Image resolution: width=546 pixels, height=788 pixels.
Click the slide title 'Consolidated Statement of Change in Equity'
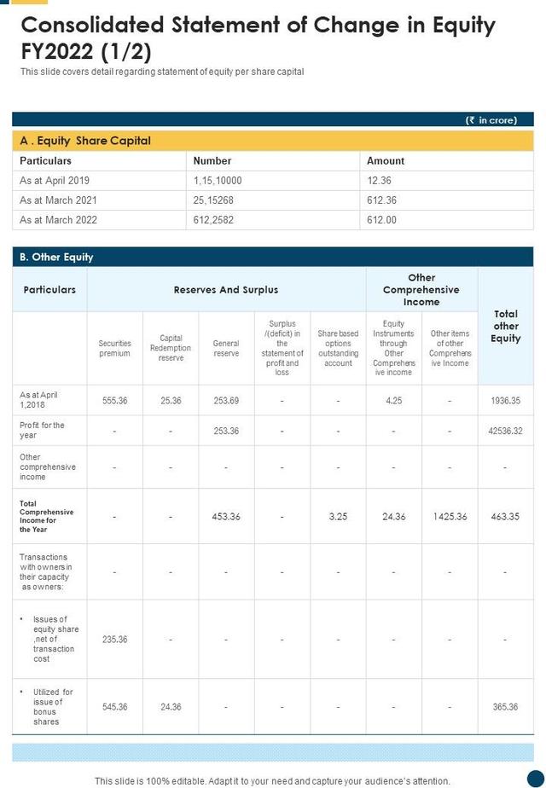coord(258,25)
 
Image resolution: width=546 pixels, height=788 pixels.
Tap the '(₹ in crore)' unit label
coord(491,120)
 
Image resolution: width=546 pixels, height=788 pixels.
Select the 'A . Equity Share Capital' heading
coord(85,141)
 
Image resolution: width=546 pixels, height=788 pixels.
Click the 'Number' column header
coord(212,160)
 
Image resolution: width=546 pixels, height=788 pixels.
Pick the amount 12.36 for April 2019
coord(379,181)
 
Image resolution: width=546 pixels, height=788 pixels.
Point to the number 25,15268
coord(213,200)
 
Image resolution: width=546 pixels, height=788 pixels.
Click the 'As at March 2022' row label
coord(58,220)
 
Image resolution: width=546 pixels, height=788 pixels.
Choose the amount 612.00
coord(381,220)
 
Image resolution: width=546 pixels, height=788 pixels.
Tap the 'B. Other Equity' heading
coord(56,257)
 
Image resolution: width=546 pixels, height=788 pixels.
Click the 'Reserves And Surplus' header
coord(226,290)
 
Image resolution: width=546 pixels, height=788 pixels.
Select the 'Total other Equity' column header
coord(505,327)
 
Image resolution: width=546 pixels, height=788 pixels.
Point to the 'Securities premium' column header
coord(114,348)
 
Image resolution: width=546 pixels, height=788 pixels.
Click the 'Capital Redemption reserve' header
coord(171,348)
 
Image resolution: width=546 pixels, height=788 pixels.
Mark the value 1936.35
coord(505,400)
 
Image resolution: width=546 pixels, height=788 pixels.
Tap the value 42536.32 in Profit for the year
coord(505,431)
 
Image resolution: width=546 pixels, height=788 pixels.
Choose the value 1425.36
coord(450,517)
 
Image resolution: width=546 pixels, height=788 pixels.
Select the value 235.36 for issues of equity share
coord(114,639)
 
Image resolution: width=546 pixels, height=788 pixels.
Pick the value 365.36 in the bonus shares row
coord(505,706)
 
